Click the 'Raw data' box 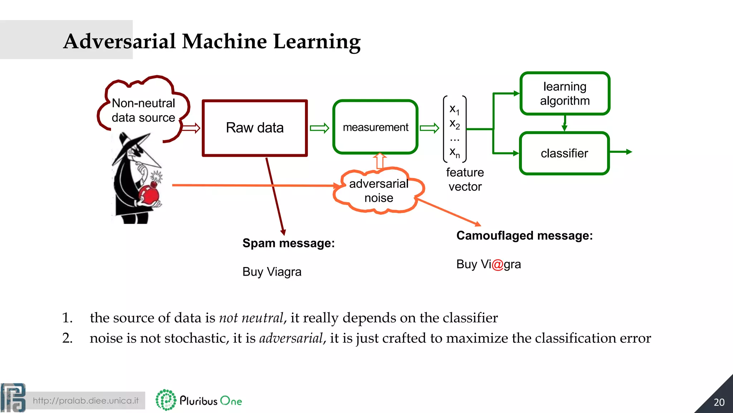click(254, 128)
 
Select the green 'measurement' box click(375, 127)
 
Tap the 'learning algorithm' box click(564, 94)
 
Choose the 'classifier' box click(564, 153)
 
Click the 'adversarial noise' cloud click(379, 191)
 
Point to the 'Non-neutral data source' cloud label click(143, 110)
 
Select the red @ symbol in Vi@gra click(497, 265)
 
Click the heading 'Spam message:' click(288, 243)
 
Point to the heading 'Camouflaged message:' click(524, 236)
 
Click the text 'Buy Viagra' click(272, 272)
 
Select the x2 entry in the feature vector click(455, 124)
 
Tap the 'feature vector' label click(465, 179)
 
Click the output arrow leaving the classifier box click(621, 152)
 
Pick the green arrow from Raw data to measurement click(319, 128)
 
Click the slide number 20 click(719, 402)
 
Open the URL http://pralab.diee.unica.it click(86, 400)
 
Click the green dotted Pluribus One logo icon click(166, 400)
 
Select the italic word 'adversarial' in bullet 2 click(291, 338)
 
